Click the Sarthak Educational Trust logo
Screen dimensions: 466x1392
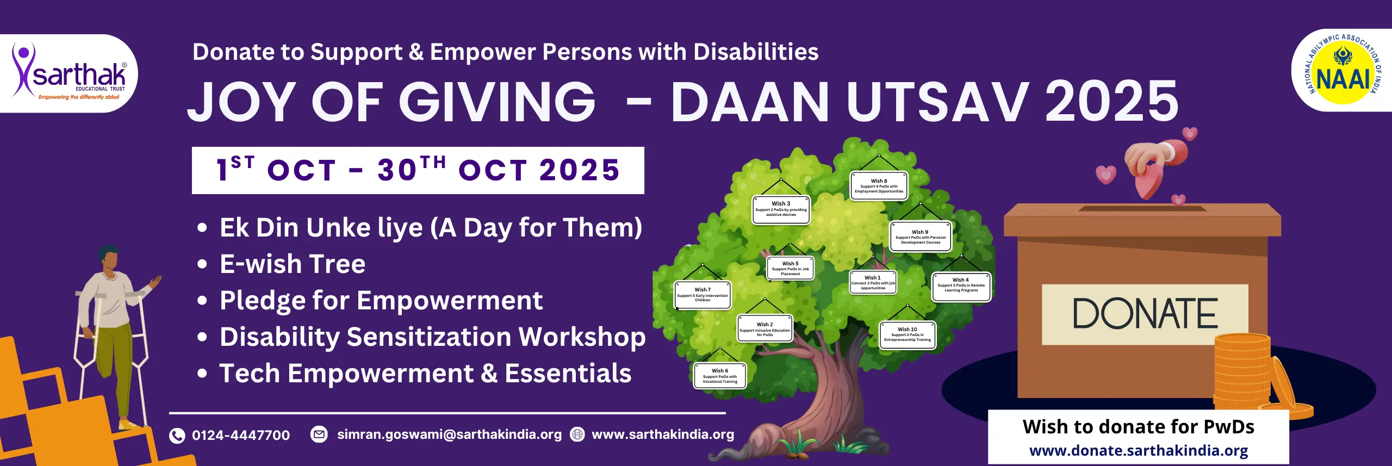(x=70, y=74)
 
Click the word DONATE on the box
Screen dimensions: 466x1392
(x=1145, y=314)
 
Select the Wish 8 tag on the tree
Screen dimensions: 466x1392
(x=879, y=186)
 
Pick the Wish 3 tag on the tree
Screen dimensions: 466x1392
(x=781, y=209)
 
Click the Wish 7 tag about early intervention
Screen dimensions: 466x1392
(x=703, y=295)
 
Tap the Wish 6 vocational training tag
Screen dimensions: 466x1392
(x=720, y=376)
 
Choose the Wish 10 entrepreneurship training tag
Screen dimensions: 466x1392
(x=907, y=334)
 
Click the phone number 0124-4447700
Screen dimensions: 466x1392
(x=241, y=435)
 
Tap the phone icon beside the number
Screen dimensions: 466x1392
(x=177, y=436)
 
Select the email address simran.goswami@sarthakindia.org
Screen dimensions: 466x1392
(x=449, y=434)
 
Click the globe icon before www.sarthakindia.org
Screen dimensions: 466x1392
(x=577, y=434)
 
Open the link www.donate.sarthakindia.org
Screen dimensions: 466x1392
(x=1139, y=451)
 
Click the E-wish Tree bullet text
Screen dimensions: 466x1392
(x=293, y=264)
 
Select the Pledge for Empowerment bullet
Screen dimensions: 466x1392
(x=381, y=301)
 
